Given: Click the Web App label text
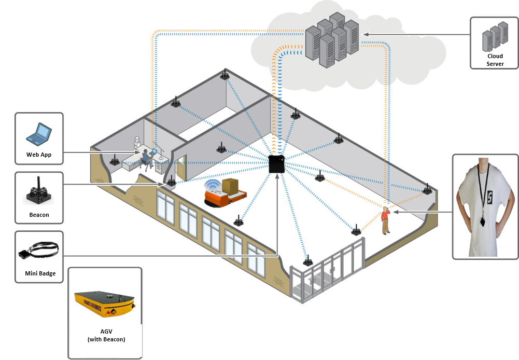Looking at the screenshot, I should point(39,155).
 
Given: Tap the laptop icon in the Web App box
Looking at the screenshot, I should point(38,133).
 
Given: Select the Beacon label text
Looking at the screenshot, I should point(39,215).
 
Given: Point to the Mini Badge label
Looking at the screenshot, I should point(40,273).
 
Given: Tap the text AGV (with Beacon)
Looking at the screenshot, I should point(105,336).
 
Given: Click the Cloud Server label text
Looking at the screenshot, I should point(495,60).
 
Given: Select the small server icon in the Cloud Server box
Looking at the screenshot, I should point(495,36).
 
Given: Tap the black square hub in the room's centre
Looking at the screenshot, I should point(276,164).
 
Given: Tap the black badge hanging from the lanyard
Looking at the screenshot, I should point(483,221).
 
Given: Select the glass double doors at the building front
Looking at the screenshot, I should point(328,274).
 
